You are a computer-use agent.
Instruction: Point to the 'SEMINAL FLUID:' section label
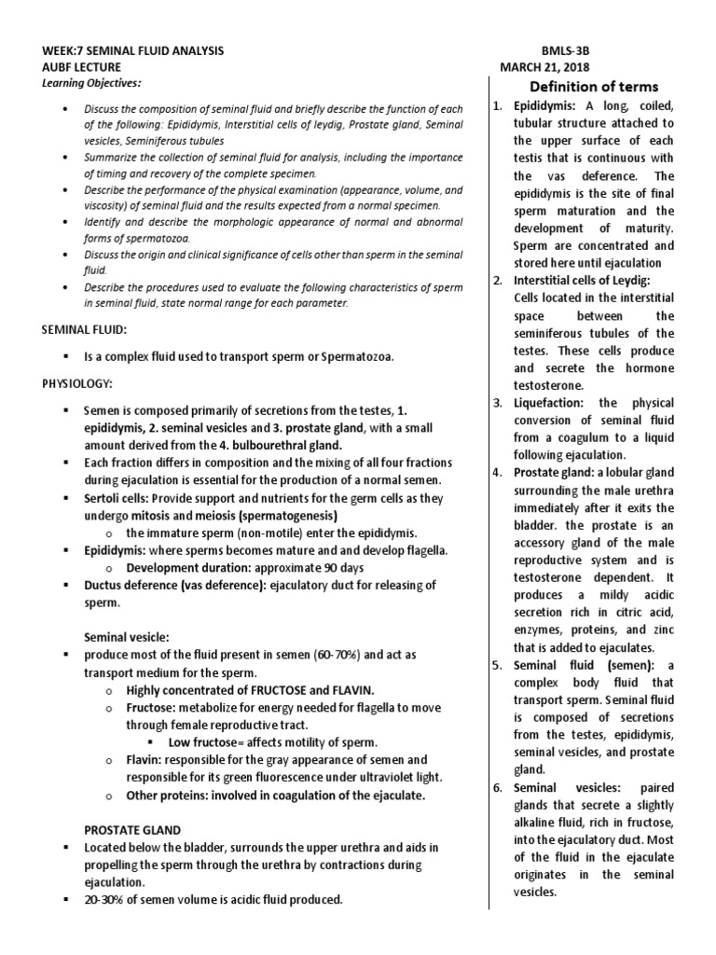(x=89, y=330)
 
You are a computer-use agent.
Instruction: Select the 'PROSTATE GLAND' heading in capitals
(x=132, y=829)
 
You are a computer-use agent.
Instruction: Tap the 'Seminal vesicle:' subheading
(x=127, y=637)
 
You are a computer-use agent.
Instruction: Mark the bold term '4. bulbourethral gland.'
(x=263, y=445)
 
